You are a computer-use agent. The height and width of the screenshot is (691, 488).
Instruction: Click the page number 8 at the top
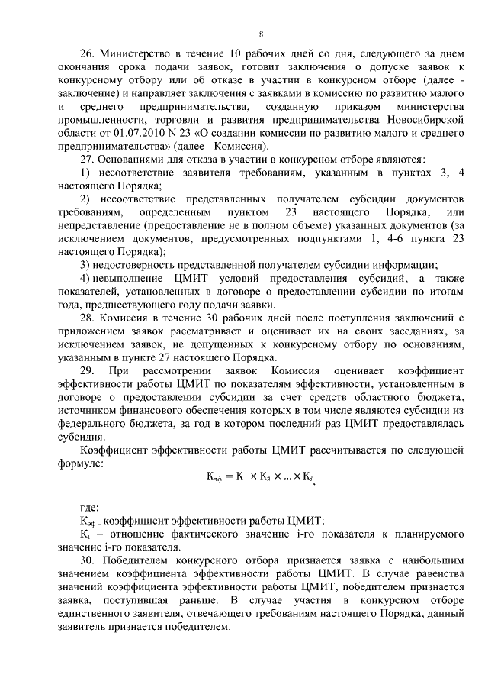pyautogui.click(x=261, y=34)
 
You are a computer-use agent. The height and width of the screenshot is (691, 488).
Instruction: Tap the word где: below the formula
pyautogui.click(x=89, y=507)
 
